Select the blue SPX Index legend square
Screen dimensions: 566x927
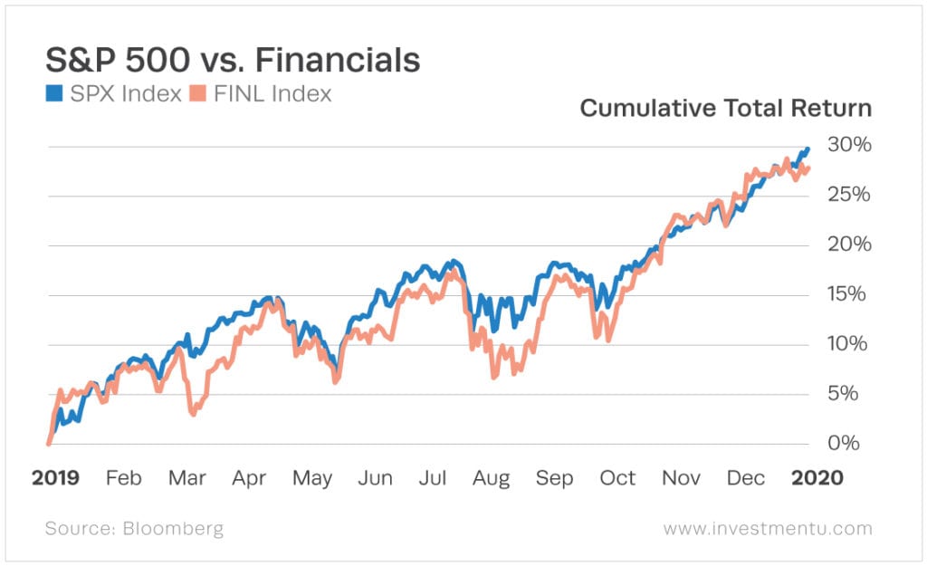[x=53, y=93]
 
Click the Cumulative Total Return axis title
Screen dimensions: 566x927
[x=725, y=109]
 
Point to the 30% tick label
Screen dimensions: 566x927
[x=848, y=146]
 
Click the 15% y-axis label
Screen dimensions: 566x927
[x=848, y=294]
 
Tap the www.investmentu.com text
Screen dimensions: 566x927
[x=768, y=528]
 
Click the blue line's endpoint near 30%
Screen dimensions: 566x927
[x=807, y=149]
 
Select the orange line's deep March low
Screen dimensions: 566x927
[x=193, y=413]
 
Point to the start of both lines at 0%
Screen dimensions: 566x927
[x=48, y=443]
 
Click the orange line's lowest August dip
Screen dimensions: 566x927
[x=494, y=376]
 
